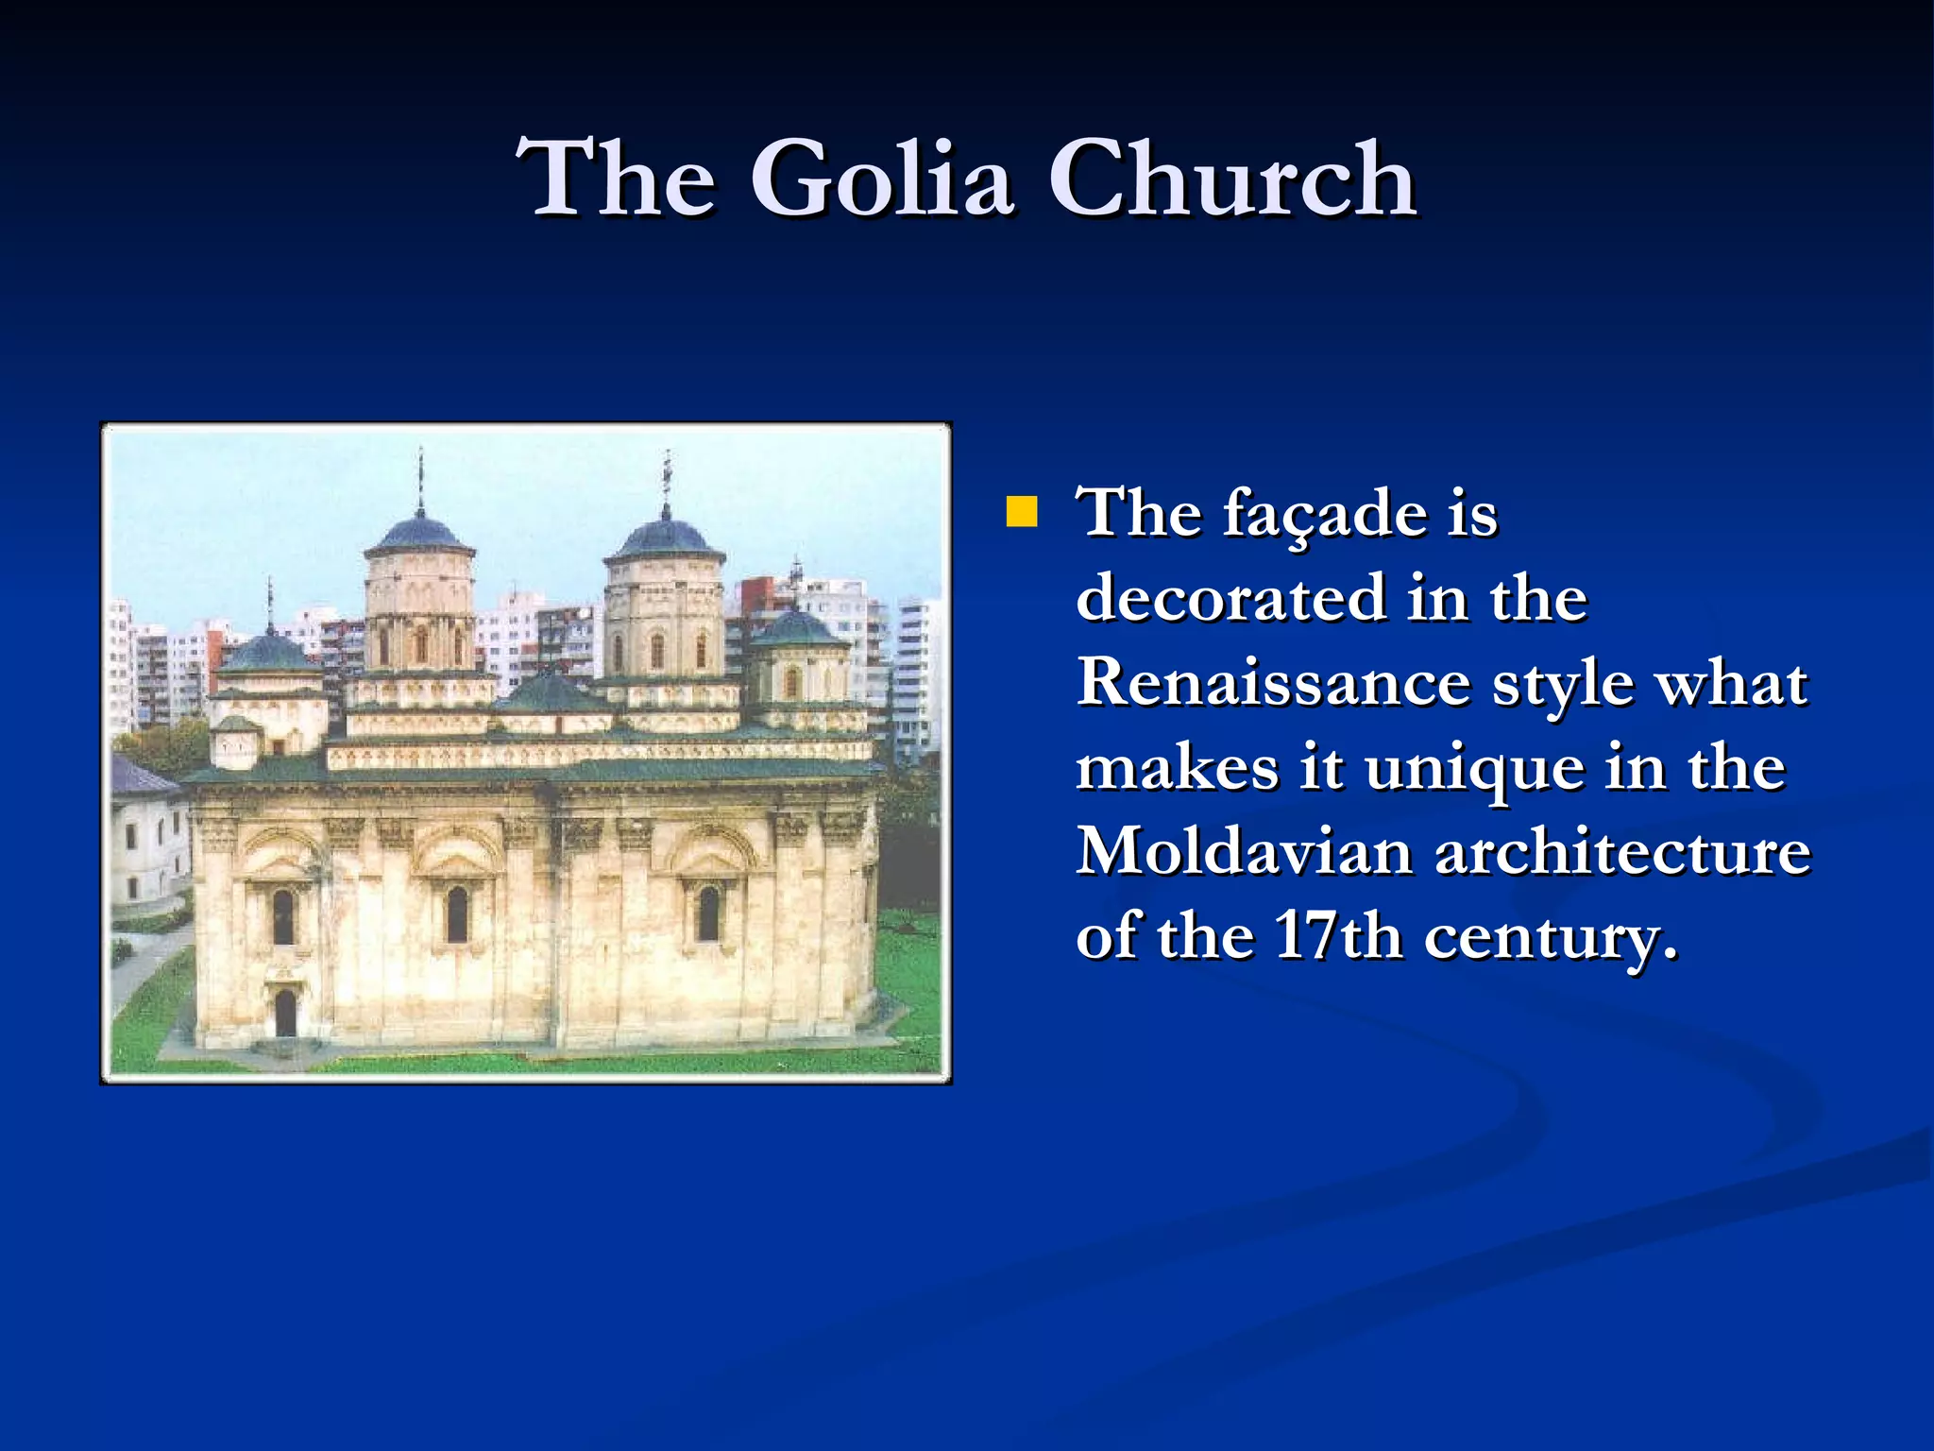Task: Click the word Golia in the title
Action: pos(882,179)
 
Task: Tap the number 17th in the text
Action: pos(1337,936)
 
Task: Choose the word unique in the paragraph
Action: pos(1474,768)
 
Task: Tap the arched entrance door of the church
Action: pos(284,1013)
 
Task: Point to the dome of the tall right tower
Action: pos(665,538)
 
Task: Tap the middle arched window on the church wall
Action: pos(457,913)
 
